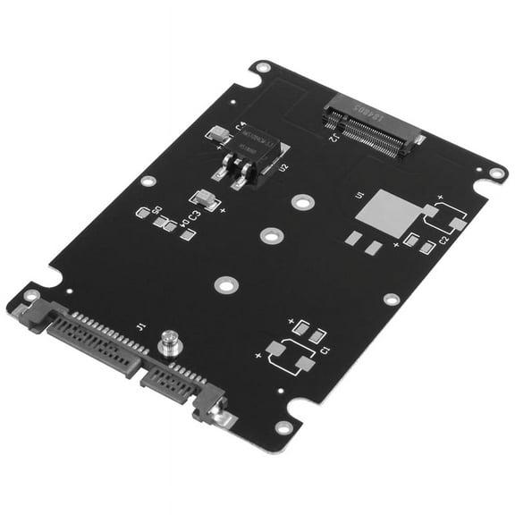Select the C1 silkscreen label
click(325, 350)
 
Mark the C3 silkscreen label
click(193, 215)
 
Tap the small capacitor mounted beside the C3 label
click(204, 199)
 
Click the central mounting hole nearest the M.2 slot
click(304, 202)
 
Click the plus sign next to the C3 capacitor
click(222, 210)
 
